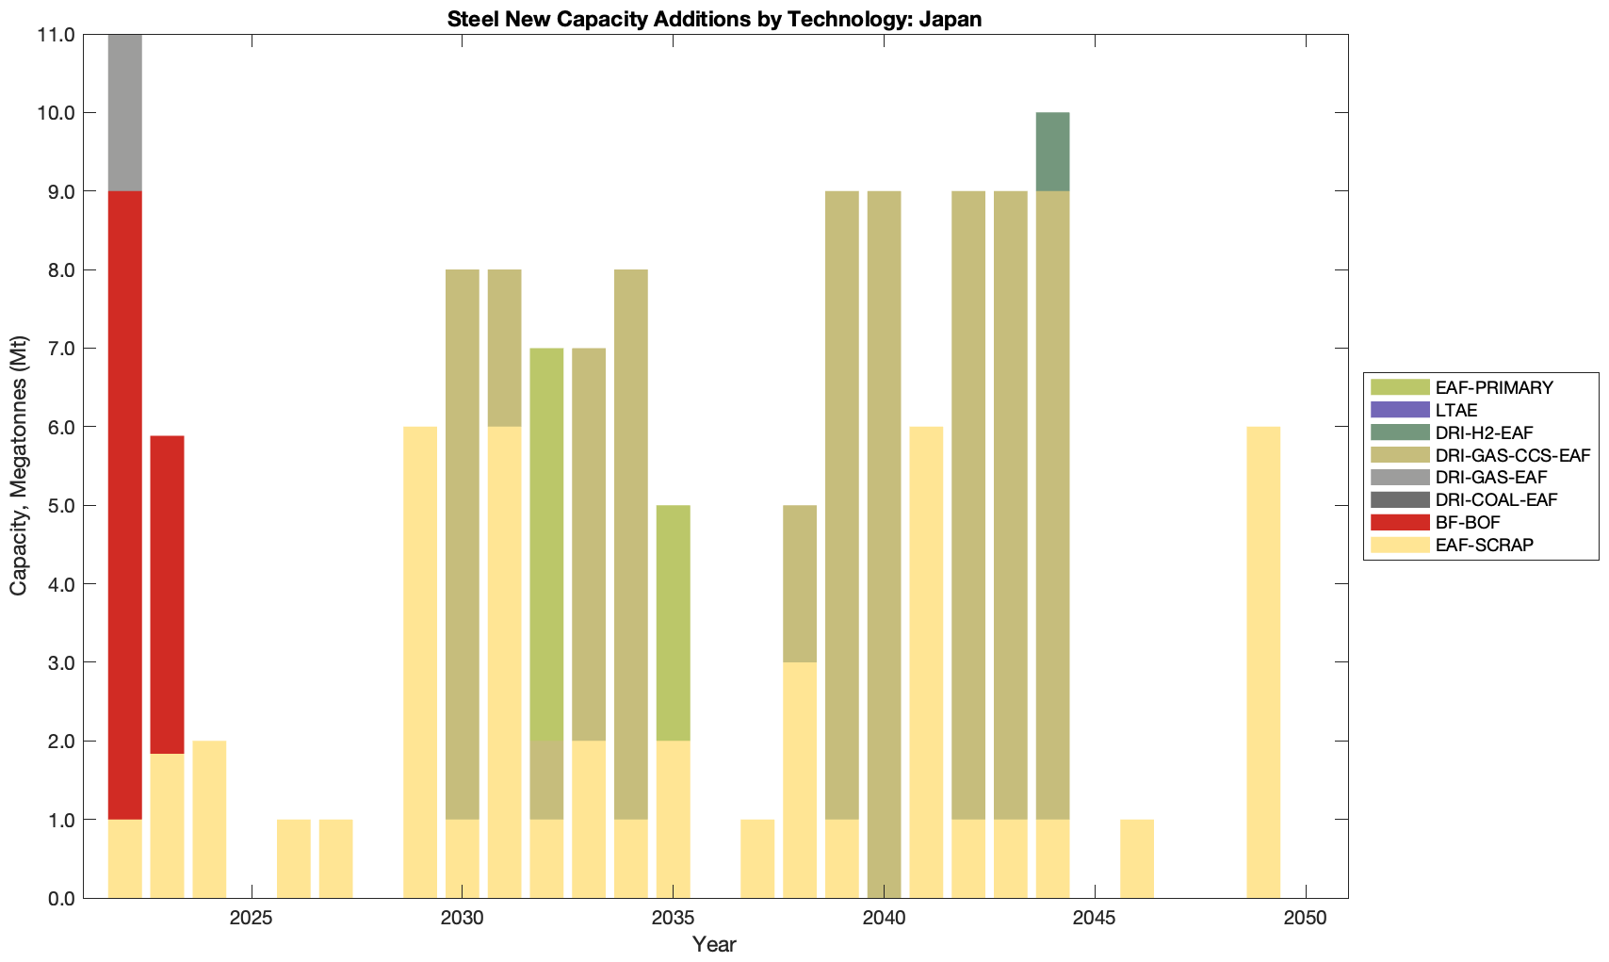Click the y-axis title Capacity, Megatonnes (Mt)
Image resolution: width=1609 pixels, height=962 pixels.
(x=19, y=465)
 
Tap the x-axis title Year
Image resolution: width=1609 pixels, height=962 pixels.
(x=714, y=944)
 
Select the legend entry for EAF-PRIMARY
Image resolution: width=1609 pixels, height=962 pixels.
(x=1494, y=387)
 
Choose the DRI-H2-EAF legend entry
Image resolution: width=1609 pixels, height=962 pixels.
(x=1485, y=432)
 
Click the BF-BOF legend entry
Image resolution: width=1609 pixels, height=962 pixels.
(x=1468, y=522)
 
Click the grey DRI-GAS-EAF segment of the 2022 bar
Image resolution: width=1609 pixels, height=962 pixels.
(x=125, y=113)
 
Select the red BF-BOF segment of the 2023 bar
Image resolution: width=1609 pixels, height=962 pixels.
(x=168, y=594)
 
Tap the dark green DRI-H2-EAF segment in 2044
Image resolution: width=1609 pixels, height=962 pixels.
(x=1052, y=152)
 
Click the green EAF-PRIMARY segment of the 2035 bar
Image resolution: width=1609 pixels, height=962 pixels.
(x=673, y=622)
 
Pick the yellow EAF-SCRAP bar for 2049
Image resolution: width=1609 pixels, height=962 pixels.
(x=1263, y=662)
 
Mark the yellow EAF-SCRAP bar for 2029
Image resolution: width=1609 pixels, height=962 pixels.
(x=420, y=662)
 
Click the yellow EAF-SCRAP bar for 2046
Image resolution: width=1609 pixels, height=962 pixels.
(x=1137, y=858)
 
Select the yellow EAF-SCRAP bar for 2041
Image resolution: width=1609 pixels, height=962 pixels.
(x=926, y=662)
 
